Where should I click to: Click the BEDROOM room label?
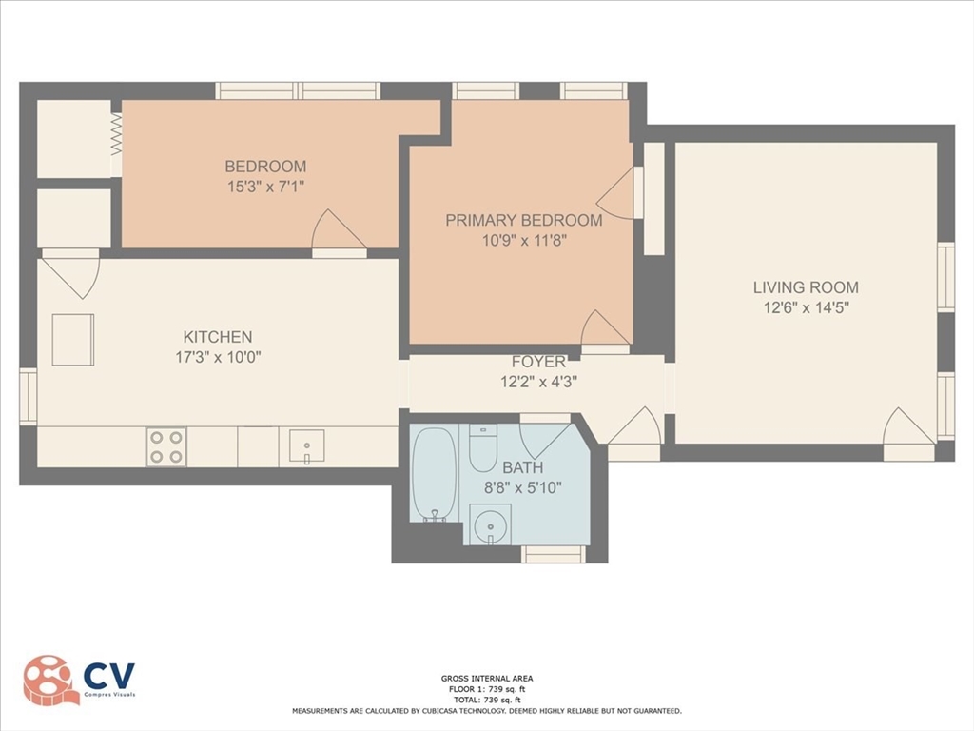point(265,167)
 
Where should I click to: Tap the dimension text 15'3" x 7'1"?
point(265,188)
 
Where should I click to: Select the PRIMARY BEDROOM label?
point(523,220)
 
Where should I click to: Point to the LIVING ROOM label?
point(806,286)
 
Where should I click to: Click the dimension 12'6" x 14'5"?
point(806,307)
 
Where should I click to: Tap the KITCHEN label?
point(218,336)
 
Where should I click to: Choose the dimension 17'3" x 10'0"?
point(218,358)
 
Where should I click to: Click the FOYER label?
point(538,362)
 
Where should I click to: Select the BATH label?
point(522,467)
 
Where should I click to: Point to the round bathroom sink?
point(491,524)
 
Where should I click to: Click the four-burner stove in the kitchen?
point(166,446)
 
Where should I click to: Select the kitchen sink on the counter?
point(306,445)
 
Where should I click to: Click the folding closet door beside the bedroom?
point(117,136)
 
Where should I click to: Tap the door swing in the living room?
point(906,428)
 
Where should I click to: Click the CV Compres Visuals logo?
point(80,680)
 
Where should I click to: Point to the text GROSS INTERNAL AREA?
point(486,679)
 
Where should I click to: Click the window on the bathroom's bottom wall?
point(554,554)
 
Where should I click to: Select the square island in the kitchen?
point(72,340)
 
